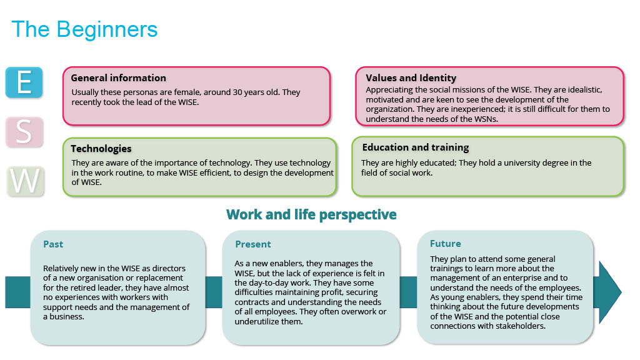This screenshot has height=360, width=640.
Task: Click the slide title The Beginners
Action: tap(84, 29)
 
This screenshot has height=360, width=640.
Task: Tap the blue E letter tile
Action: tap(24, 82)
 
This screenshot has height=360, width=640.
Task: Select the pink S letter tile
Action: tap(24, 132)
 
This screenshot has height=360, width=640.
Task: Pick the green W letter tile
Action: tap(25, 181)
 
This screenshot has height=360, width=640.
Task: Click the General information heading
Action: tap(118, 78)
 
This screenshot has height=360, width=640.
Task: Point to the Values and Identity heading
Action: tap(411, 78)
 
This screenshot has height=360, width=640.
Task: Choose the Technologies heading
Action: tap(101, 149)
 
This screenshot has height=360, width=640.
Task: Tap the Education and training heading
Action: tap(416, 147)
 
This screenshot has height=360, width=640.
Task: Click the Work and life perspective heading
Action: tap(311, 215)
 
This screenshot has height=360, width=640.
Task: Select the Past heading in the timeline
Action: tap(53, 244)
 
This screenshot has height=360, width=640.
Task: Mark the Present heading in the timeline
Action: tap(253, 244)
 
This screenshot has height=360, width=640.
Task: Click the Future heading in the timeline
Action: tap(445, 244)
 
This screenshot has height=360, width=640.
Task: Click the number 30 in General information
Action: tap(237, 92)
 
